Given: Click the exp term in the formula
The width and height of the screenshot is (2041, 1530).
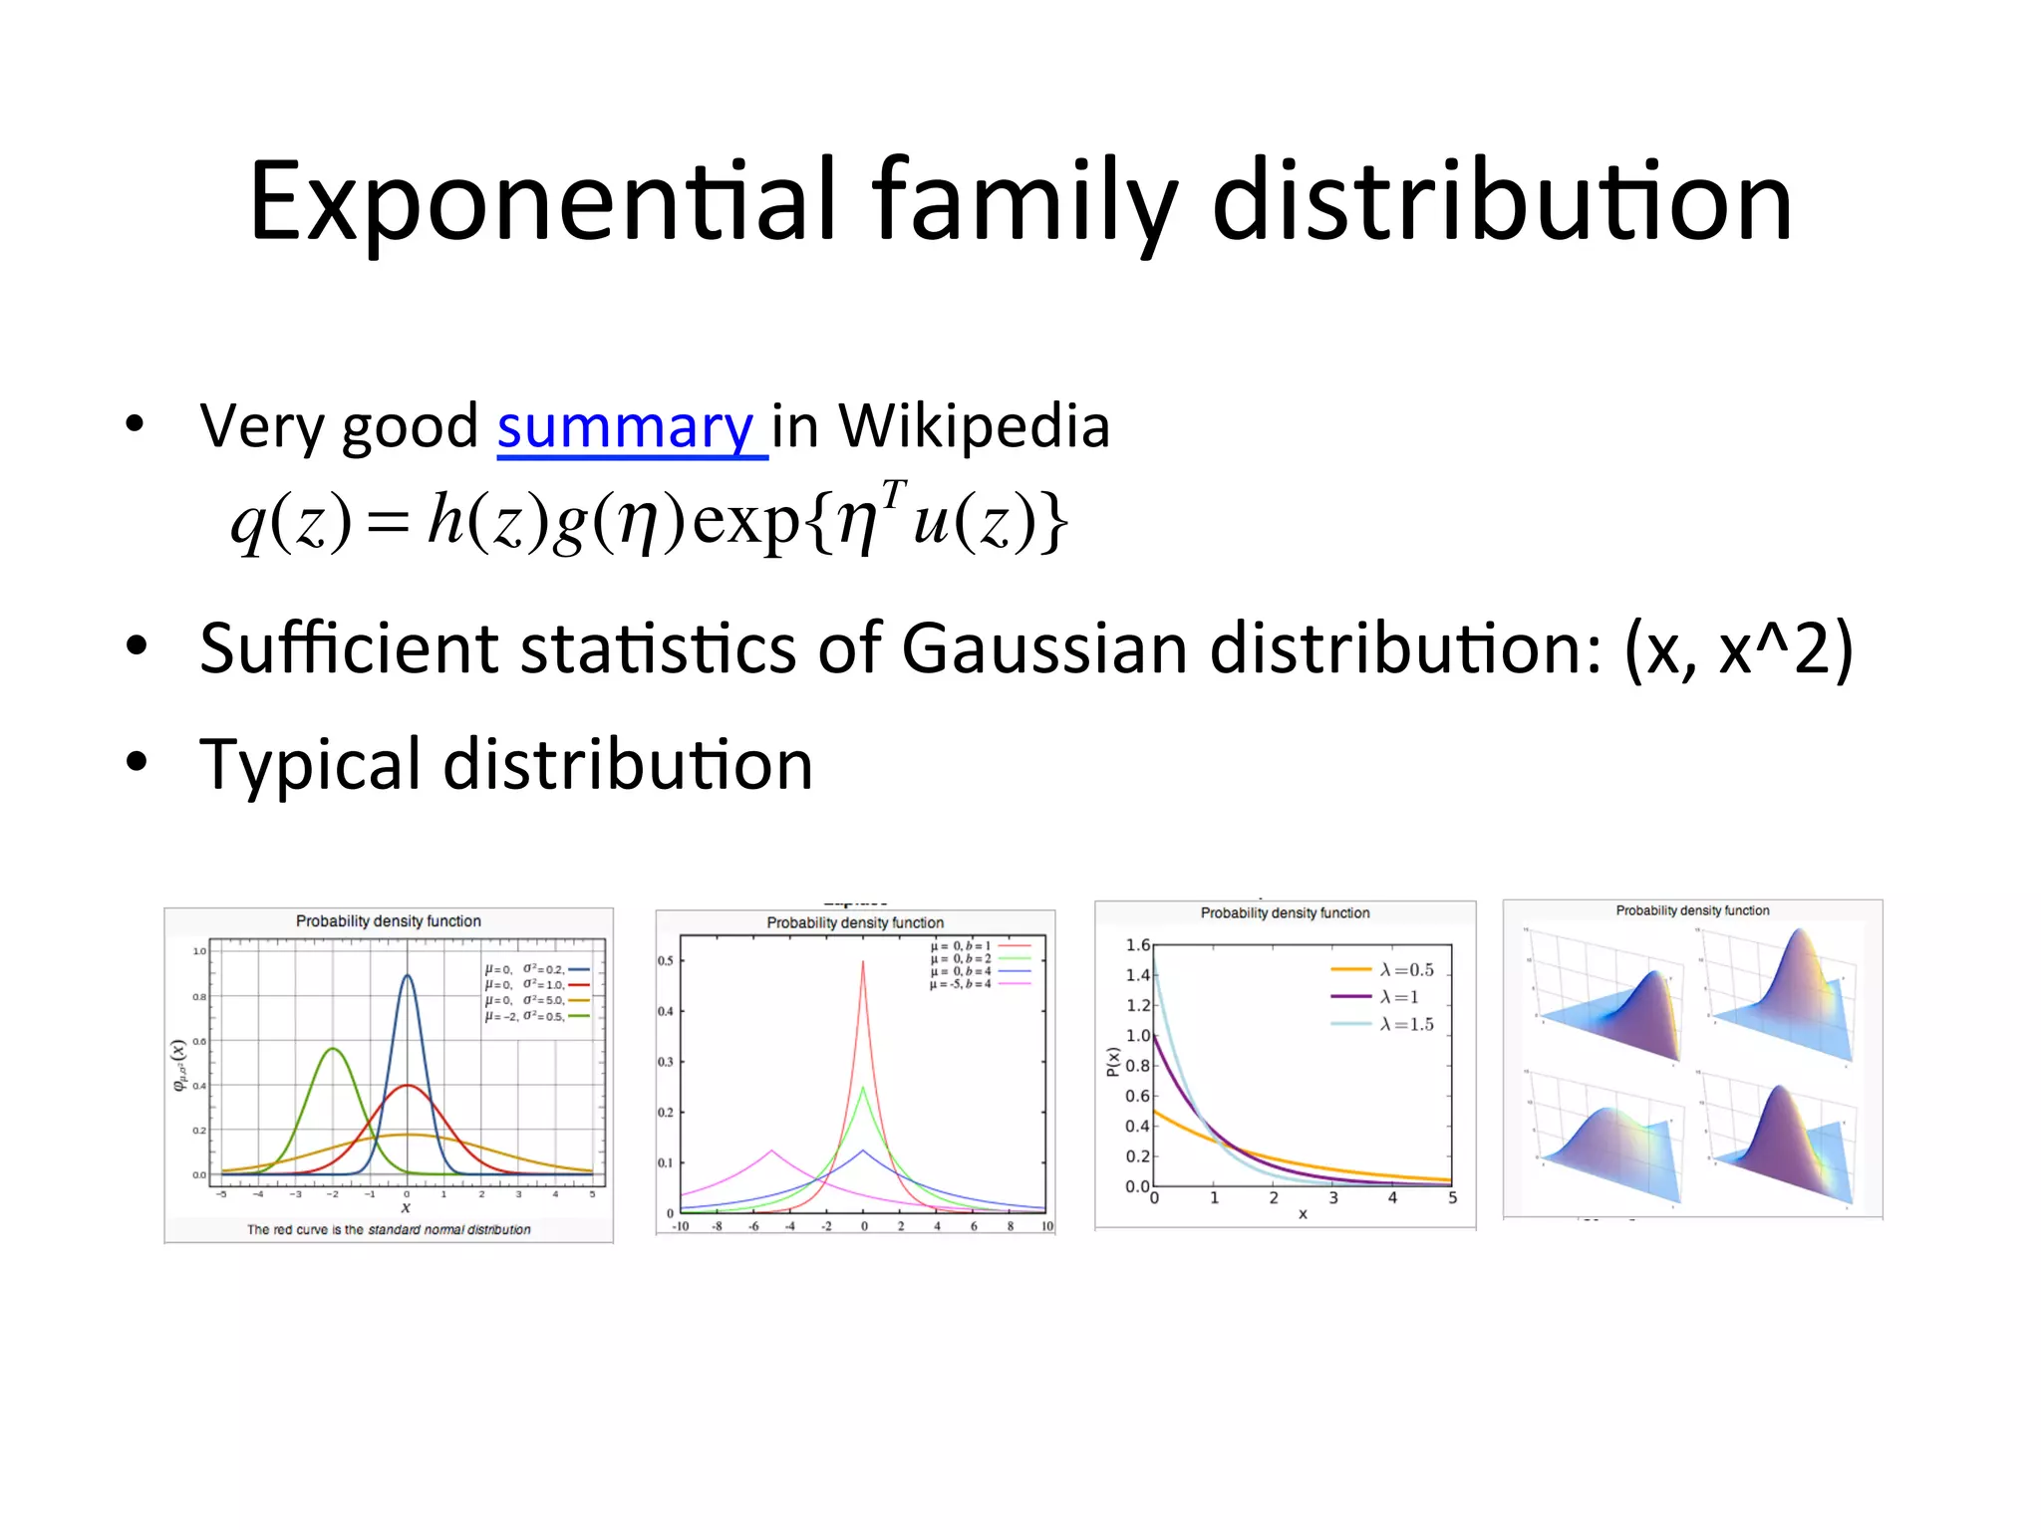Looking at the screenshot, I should point(746,521).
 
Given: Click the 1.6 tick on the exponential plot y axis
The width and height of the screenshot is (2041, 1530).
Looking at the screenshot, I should point(1137,945).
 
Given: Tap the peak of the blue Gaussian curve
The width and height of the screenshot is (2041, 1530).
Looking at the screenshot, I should point(407,976).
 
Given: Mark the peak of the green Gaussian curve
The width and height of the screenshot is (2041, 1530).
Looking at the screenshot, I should point(333,1049).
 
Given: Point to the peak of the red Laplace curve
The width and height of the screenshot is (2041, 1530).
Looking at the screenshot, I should point(863,961).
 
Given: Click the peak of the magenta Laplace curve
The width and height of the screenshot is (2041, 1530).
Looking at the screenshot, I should point(771,1150).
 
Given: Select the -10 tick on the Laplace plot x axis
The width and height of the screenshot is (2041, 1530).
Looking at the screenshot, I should point(681,1226).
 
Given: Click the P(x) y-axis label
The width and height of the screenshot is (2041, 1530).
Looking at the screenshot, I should point(1112,1063).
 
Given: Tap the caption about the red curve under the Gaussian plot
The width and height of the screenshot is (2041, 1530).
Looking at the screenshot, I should point(389,1230).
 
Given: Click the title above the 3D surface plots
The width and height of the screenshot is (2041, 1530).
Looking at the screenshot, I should point(1692,910).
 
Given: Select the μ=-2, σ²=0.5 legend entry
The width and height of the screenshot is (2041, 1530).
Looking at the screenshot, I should point(525,1017).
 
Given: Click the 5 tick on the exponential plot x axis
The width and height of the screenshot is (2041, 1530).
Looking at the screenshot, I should point(1452,1198).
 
